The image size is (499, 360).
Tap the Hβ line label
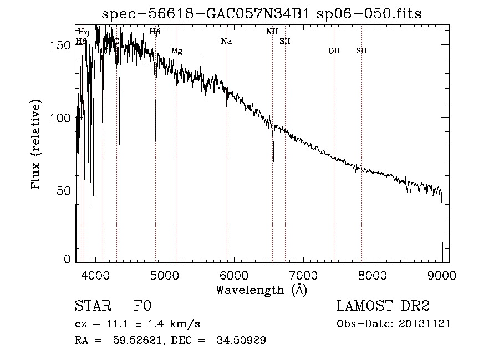155,32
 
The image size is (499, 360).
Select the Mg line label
176,51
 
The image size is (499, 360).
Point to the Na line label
226,42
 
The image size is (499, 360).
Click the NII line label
272,32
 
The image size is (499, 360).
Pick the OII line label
334,51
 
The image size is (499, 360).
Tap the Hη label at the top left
84,32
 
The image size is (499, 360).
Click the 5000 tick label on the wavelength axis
164,275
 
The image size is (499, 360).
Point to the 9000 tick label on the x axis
441,275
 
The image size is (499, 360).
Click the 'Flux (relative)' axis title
37,145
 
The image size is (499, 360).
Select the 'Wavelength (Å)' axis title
261,289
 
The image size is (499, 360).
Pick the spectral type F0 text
142,307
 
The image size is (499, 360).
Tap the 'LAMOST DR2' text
383,307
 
